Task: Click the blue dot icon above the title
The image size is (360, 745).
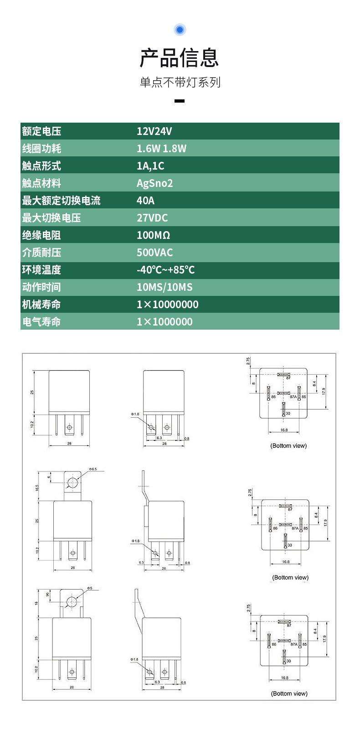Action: pos(180,30)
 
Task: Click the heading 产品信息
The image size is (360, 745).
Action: pos(180,57)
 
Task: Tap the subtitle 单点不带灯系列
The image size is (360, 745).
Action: pos(180,83)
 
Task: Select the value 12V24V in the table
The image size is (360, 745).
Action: pos(154,131)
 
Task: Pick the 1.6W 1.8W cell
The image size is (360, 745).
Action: pos(161,149)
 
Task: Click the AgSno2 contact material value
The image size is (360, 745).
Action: pos(155,183)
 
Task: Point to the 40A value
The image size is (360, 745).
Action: pos(146,201)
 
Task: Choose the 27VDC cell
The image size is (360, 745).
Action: pos(152,218)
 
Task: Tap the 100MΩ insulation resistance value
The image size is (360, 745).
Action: pos(153,235)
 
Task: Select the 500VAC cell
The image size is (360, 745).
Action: pos(155,253)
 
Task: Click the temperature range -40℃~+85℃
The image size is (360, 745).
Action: pos(166,270)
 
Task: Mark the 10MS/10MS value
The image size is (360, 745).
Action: pos(165,287)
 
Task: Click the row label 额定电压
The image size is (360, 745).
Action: pos(41,131)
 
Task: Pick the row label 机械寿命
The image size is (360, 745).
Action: pos(41,305)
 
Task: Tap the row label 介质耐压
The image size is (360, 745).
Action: pos(41,253)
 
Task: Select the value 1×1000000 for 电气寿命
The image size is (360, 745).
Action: pos(165,322)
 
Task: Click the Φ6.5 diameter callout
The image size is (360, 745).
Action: pos(93,469)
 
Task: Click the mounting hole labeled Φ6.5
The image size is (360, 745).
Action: pos(72,483)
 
